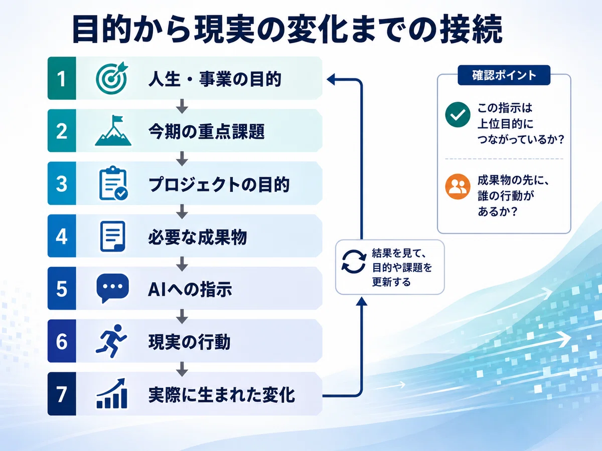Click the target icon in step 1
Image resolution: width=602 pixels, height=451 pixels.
click(x=112, y=78)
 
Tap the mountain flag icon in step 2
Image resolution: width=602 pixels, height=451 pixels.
click(x=113, y=131)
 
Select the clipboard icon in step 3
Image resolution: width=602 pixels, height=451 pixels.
click(x=113, y=183)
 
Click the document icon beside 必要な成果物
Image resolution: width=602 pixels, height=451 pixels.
click(x=112, y=236)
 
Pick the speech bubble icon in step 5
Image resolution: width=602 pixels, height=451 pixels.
click(x=112, y=288)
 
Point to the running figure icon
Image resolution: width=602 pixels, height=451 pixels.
click(x=111, y=341)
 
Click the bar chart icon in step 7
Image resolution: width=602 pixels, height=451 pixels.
click(x=112, y=393)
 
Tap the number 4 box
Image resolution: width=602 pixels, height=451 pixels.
click(x=62, y=236)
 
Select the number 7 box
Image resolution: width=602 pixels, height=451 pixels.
click(x=62, y=394)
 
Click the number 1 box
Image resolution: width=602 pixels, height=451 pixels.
click(x=62, y=78)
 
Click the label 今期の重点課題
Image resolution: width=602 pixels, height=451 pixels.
click(x=207, y=131)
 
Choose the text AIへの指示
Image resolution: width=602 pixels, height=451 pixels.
click(x=190, y=290)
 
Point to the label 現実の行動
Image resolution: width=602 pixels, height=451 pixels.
click(x=189, y=342)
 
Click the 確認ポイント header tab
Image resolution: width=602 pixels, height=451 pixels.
click(x=504, y=75)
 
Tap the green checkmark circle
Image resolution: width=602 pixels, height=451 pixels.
click(x=458, y=114)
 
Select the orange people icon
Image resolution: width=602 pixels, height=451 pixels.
click(x=458, y=186)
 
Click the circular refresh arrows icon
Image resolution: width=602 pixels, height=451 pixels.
click(x=354, y=262)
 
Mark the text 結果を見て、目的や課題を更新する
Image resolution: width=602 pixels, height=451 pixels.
click(x=402, y=267)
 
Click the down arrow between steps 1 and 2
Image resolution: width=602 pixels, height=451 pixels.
click(x=182, y=106)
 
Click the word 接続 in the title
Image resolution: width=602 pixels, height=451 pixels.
click(x=471, y=29)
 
